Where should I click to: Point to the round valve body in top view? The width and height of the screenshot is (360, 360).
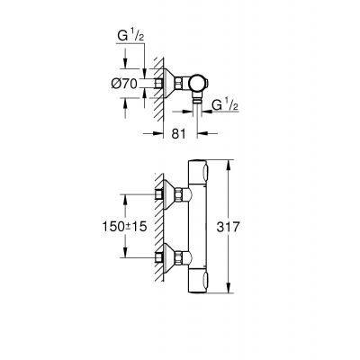click(x=199, y=83)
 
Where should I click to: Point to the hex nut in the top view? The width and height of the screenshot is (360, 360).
click(x=181, y=83)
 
